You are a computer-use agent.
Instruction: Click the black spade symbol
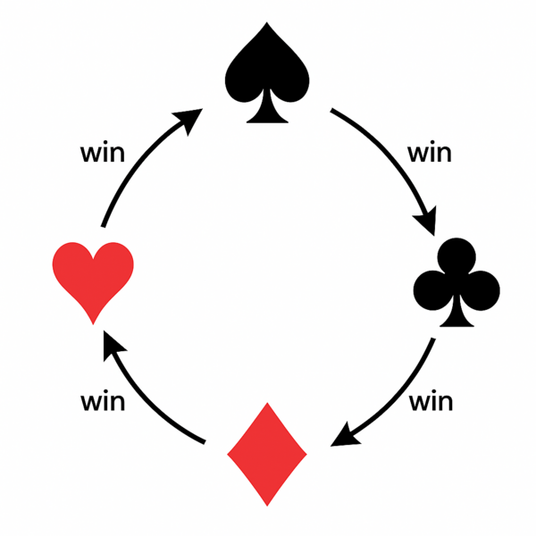(x=267, y=72)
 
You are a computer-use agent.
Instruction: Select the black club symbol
(x=456, y=282)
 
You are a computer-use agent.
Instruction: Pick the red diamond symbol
(x=267, y=455)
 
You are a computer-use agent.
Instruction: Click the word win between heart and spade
(x=103, y=153)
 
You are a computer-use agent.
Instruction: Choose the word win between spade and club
(x=430, y=153)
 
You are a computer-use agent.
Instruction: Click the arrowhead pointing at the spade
(x=189, y=120)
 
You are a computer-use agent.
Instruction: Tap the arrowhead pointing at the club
(x=427, y=221)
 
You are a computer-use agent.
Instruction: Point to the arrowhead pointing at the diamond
(x=344, y=436)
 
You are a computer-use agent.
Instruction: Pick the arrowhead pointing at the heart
(x=113, y=345)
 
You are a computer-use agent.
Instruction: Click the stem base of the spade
(x=267, y=121)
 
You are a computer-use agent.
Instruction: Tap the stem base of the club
(x=456, y=325)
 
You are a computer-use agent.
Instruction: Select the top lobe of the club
(x=456, y=255)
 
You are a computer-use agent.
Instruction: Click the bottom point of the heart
(x=93, y=324)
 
